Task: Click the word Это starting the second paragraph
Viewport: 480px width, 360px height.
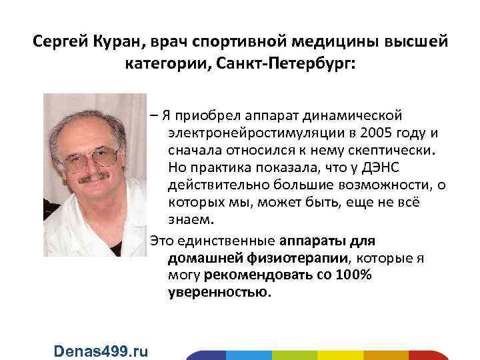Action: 161,239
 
